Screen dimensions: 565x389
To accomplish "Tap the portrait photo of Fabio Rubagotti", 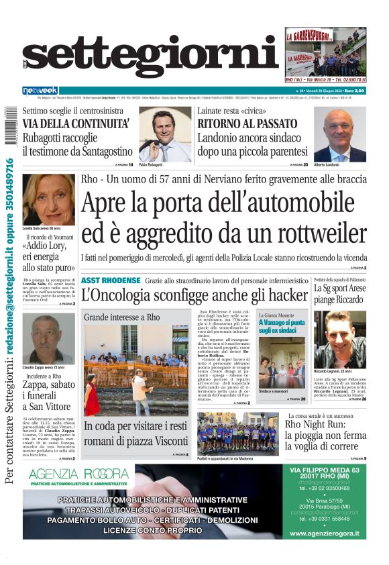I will tap(165, 135).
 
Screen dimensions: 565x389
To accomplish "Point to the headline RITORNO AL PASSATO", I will tap(247, 123).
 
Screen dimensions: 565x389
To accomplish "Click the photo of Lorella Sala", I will tap(48, 199).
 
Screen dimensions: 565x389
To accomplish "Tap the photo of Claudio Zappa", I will tap(48, 339).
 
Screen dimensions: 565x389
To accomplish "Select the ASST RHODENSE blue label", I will tap(111, 280).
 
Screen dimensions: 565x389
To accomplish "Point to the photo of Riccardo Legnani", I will tap(339, 339).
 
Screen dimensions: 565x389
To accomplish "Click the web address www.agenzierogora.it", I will tap(324, 533).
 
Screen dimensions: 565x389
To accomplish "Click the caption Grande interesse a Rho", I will tap(122, 317).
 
